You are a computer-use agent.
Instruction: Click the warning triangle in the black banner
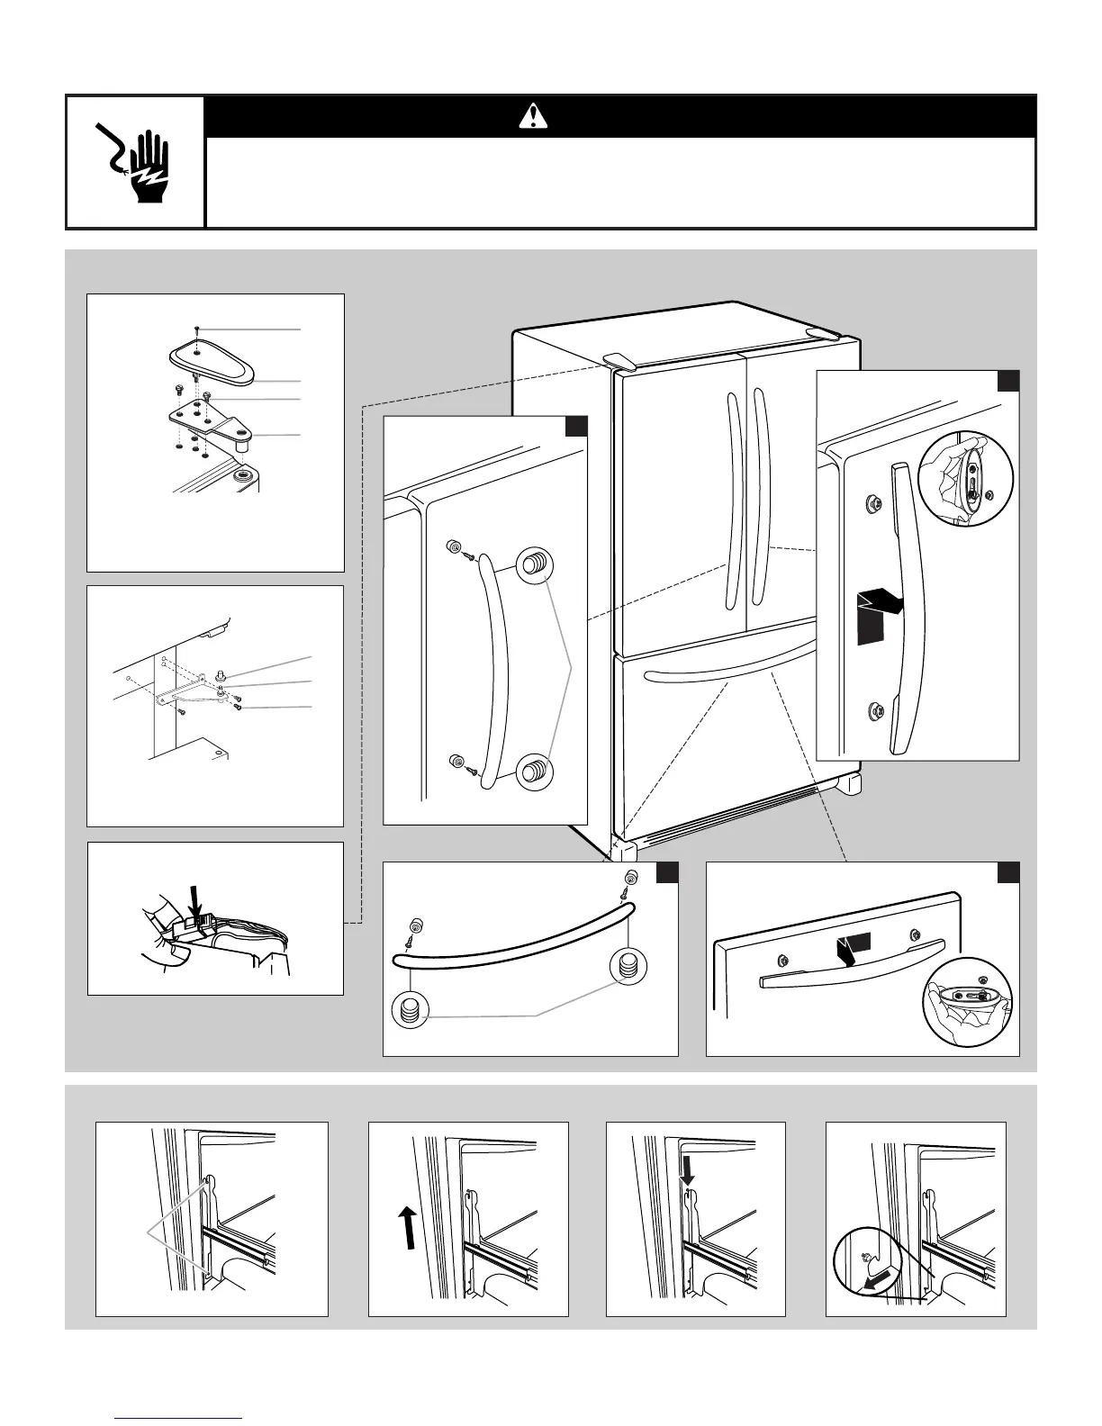[x=534, y=115]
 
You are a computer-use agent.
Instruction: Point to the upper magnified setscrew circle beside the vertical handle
[x=534, y=566]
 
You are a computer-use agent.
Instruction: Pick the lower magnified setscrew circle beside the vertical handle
[x=534, y=771]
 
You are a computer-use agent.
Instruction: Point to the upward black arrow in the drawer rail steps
[x=408, y=1228]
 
